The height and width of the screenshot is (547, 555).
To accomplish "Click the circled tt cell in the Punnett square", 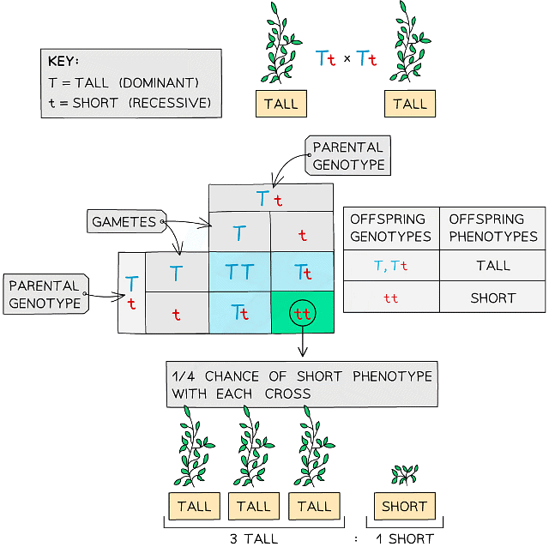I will (301, 313).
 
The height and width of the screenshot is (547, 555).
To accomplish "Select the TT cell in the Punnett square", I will (239, 273).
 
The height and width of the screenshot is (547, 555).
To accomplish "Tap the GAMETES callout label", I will (124, 222).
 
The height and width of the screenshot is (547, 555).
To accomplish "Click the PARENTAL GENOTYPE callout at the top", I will (348, 154).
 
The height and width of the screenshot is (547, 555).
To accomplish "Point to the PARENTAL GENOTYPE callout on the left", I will (45, 294).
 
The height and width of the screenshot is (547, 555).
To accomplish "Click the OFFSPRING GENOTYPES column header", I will (390, 228).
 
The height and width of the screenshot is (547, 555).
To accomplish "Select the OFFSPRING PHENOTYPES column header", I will (492, 228).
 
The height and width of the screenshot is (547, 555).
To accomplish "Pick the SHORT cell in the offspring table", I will (492, 298).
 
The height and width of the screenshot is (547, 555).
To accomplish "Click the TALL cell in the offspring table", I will (492, 267).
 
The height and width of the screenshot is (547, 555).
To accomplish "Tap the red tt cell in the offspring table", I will (390, 298).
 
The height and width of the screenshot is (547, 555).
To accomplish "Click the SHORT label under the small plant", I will (404, 506).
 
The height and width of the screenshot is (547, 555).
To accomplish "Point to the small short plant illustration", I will (404, 473).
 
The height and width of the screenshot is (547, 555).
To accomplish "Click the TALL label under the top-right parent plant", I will (410, 104).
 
